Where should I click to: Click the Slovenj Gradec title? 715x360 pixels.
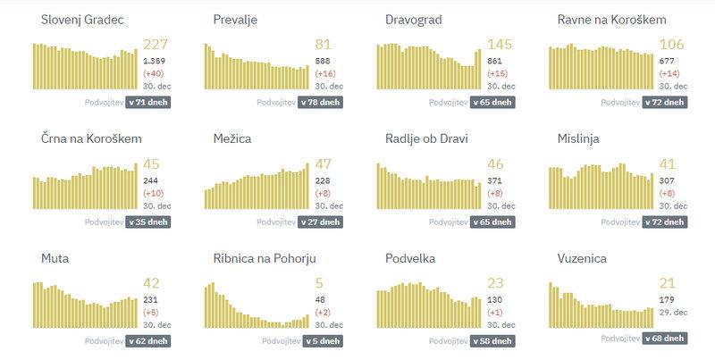pyautogui.click(x=75, y=20)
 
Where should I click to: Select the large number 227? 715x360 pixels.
pyautogui.click(x=156, y=44)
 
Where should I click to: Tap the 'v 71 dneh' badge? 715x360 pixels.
pyautogui.click(x=147, y=103)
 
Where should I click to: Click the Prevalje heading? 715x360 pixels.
pyautogui.click(x=237, y=20)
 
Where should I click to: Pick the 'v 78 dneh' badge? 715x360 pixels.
pyautogui.click(x=320, y=103)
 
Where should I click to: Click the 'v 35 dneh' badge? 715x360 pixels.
pyautogui.click(x=147, y=222)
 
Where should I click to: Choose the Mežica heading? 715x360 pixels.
pyautogui.click(x=232, y=139)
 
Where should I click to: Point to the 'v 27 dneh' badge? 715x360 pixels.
pyautogui.click(x=320, y=222)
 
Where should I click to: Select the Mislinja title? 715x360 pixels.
pyautogui.click(x=578, y=139)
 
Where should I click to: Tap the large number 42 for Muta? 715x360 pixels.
pyautogui.click(x=151, y=283)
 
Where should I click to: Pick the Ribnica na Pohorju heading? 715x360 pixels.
pyautogui.click(x=265, y=259)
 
